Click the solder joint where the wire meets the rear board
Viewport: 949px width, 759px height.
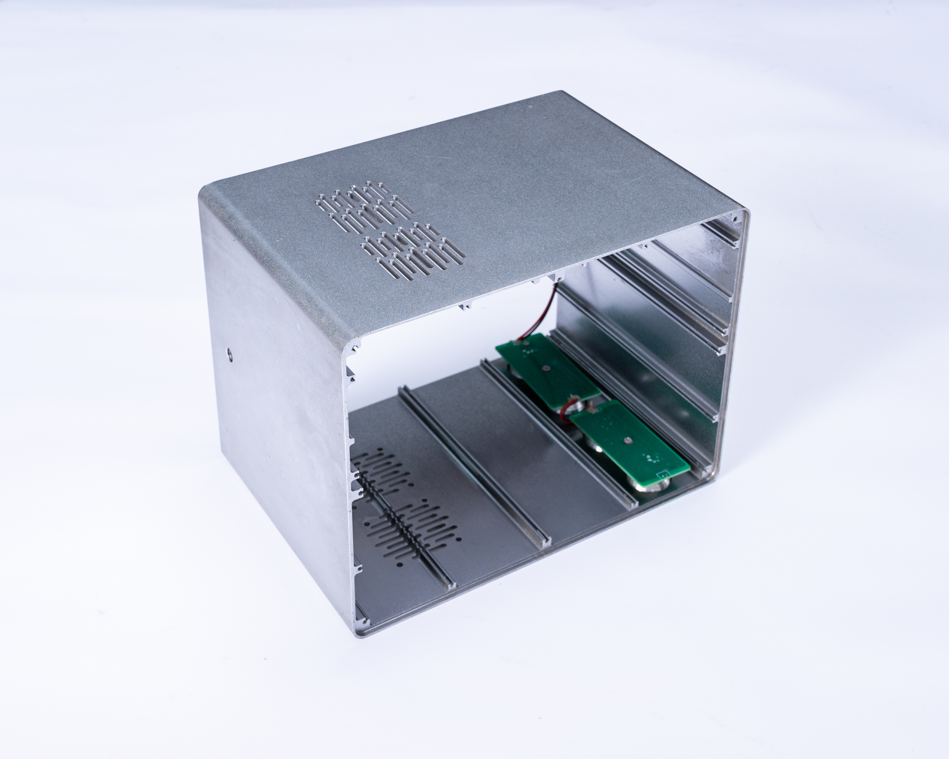[525, 343]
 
